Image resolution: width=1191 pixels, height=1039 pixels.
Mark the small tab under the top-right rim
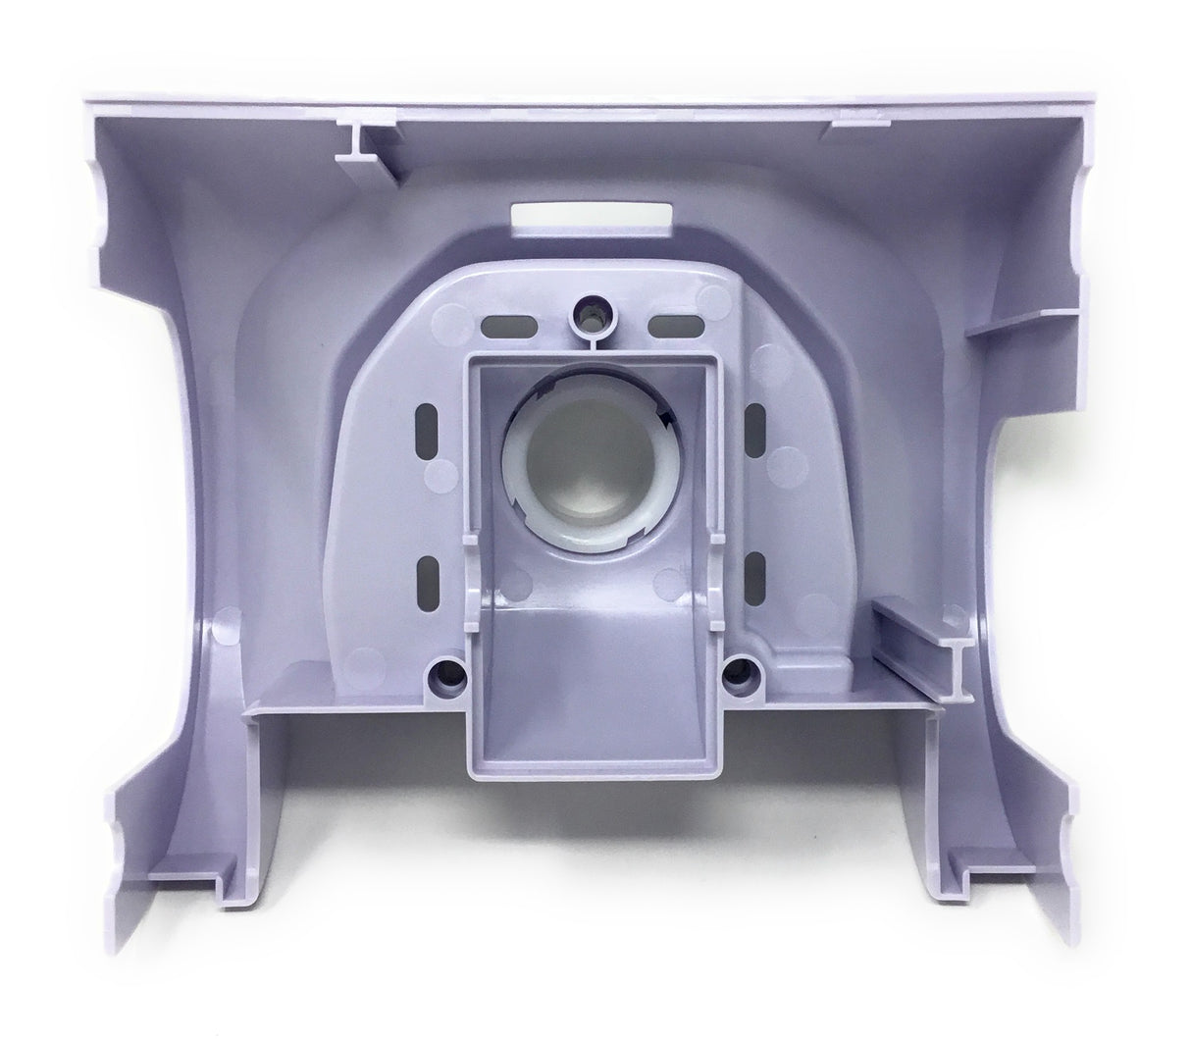click(851, 127)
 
